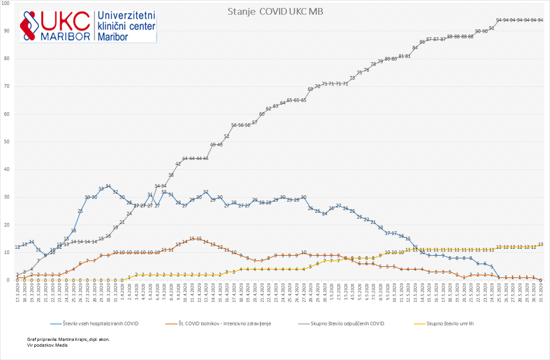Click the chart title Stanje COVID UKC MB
275,11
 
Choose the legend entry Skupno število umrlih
450,324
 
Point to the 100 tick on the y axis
8,3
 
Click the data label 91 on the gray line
492,28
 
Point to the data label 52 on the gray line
227,136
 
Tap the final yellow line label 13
541,244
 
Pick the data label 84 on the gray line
415,48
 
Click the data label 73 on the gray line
352,78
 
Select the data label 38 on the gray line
171,175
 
